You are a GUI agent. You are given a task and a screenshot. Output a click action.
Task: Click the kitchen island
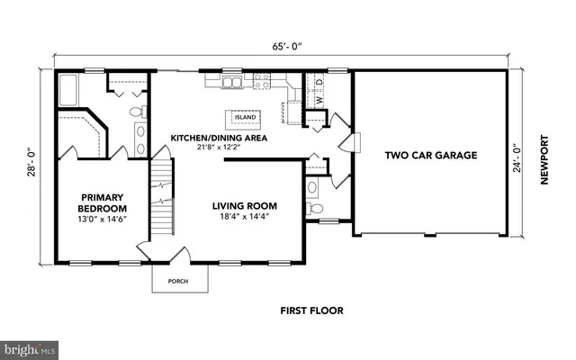click(x=245, y=117)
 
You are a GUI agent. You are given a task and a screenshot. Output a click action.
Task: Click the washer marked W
click(x=306, y=85)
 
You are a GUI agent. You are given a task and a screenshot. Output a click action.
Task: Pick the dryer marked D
click(x=319, y=85)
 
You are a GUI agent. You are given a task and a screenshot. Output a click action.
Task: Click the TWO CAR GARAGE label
click(x=430, y=155)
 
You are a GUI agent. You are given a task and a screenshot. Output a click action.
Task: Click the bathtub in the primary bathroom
click(x=72, y=90)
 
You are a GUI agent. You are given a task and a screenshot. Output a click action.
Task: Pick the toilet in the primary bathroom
click(x=137, y=112)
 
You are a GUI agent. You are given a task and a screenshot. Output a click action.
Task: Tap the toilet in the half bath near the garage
click(x=314, y=209)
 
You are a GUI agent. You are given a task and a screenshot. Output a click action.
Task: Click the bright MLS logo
click(x=29, y=346)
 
